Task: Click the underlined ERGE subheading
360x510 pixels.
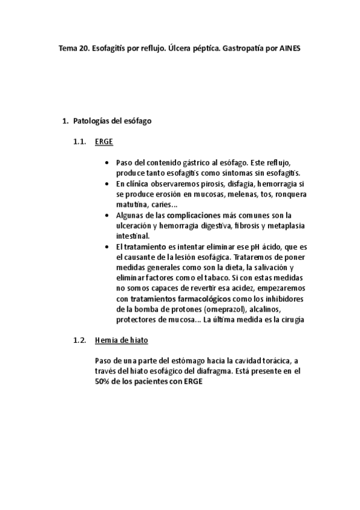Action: point(103,142)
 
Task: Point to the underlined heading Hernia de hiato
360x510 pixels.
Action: point(121,340)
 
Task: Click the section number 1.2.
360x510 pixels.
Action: point(80,340)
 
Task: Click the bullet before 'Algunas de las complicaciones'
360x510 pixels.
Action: point(107,215)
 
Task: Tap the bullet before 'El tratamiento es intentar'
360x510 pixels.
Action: point(107,247)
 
